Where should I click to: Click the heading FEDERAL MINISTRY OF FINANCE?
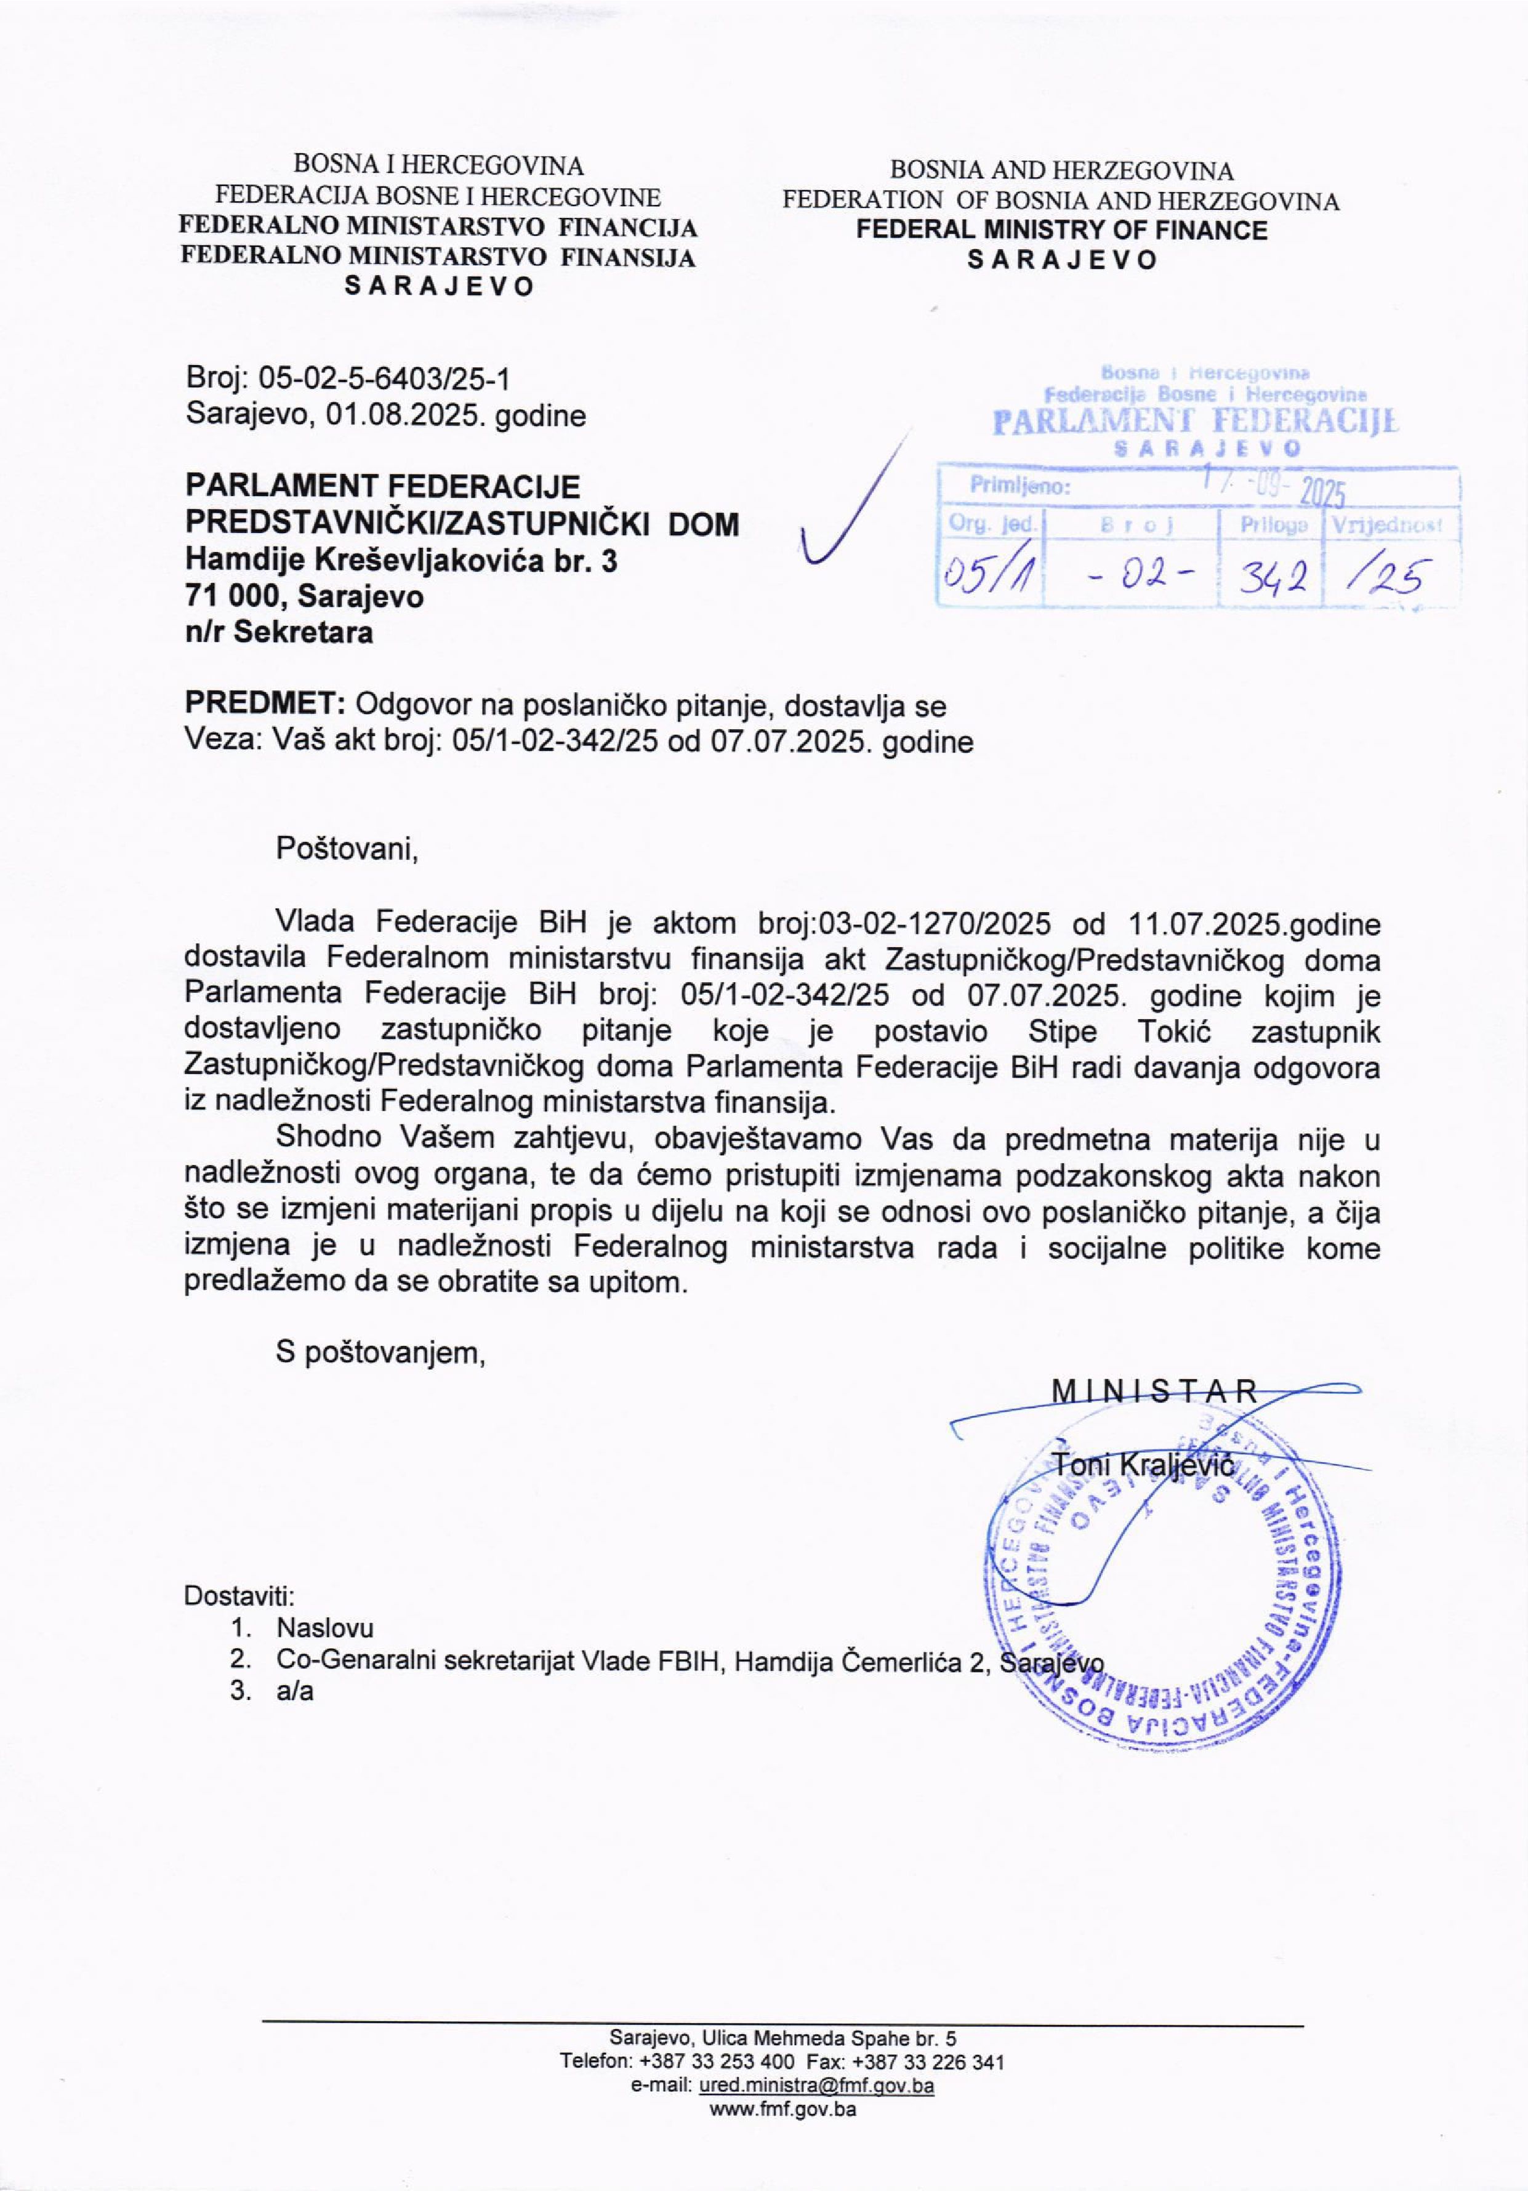pyautogui.click(x=1061, y=230)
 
